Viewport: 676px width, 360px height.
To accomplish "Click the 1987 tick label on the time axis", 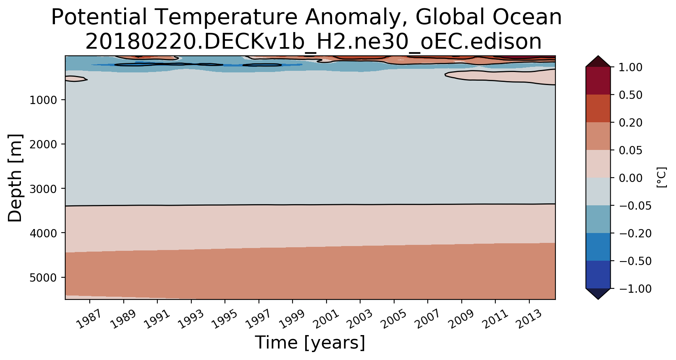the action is pyautogui.click(x=89, y=319).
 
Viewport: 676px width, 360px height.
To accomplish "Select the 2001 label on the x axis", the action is pyautogui.click(x=326, y=319).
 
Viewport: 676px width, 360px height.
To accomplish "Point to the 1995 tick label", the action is pyautogui.click(x=224, y=319).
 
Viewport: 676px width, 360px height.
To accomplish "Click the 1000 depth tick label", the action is pyautogui.click(x=43, y=100).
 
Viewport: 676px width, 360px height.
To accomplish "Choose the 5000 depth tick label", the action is pyautogui.click(x=43, y=278).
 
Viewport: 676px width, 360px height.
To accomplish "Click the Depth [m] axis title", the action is pyautogui.click(x=15, y=178).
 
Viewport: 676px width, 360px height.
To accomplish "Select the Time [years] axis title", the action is pyautogui.click(x=310, y=343).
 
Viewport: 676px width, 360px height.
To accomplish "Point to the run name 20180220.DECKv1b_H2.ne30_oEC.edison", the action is pyautogui.click(x=313, y=42).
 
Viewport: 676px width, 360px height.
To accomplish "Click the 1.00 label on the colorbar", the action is pyautogui.click(x=631, y=67).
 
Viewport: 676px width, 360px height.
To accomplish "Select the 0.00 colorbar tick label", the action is pyautogui.click(x=631, y=178).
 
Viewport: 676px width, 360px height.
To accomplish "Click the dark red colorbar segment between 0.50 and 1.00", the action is pyautogui.click(x=598, y=81).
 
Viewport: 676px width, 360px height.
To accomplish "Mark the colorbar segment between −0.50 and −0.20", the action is pyautogui.click(x=598, y=247).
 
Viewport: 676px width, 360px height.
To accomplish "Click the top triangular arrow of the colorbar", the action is pyautogui.click(x=598, y=61).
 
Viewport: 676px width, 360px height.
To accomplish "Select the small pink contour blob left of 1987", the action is pyautogui.click(x=76, y=78).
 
